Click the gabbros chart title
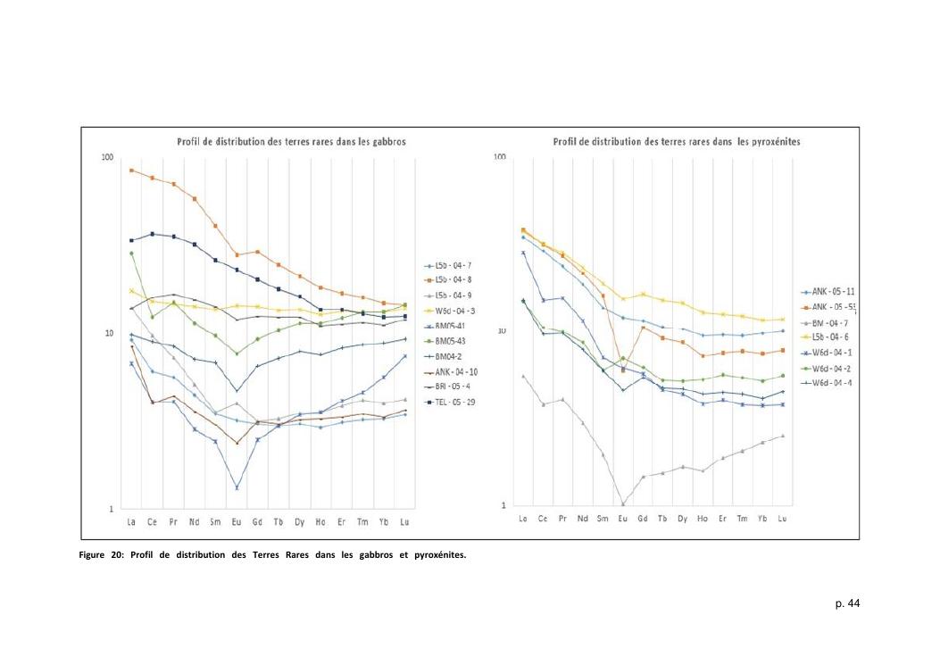(x=268, y=142)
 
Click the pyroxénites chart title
(x=676, y=142)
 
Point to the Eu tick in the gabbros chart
(x=237, y=521)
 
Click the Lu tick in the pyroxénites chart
(x=782, y=519)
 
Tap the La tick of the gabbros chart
(x=131, y=521)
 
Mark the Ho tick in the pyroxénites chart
(x=703, y=519)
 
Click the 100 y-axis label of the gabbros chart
(x=108, y=158)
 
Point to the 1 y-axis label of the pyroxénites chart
(x=503, y=505)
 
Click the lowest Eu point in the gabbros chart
(x=237, y=487)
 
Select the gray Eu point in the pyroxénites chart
(x=623, y=504)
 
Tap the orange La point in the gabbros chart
(x=131, y=170)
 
